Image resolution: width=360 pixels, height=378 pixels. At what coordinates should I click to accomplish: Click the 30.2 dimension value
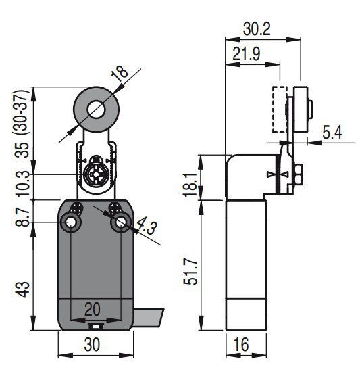click(x=257, y=29)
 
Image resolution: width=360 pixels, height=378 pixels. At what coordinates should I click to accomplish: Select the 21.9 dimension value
click(x=247, y=54)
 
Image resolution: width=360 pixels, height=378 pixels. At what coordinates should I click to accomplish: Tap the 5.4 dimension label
click(x=332, y=133)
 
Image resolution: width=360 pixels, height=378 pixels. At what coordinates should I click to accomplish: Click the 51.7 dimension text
click(x=190, y=272)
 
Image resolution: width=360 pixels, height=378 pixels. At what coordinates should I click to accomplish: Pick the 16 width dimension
click(x=241, y=344)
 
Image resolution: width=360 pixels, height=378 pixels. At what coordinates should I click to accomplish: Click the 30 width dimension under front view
click(x=92, y=344)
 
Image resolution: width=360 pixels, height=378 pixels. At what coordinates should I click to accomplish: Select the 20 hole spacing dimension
click(x=93, y=309)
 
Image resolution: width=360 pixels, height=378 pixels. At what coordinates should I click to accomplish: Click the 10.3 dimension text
click(x=24, y=184)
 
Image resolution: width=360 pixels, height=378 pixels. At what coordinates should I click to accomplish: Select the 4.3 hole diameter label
click(x=146, y=226)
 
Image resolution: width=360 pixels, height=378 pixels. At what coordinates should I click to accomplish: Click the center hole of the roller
click(x=97, y=110)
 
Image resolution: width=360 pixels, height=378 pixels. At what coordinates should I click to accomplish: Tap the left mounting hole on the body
click(x=70, y=222)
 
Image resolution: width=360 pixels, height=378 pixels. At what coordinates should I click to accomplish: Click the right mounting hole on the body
click(x=121, y=222)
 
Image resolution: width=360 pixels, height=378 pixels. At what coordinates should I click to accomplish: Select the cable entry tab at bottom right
click(x=149, y=318)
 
